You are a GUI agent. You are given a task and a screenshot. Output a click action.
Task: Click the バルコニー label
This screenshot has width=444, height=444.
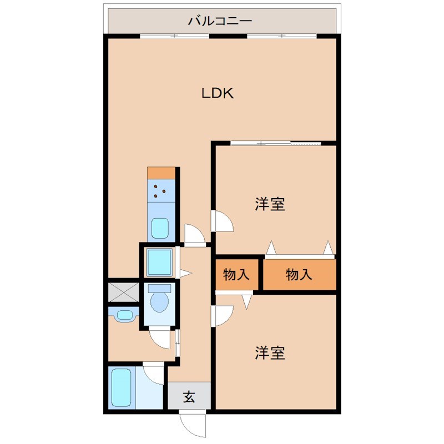(220, 21)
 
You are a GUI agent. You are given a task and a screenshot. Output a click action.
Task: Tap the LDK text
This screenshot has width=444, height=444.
(218, 94)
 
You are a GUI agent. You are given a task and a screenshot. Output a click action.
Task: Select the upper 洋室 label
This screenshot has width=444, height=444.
(270, 204)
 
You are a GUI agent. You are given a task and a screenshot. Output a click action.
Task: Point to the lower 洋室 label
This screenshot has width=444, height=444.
(270, 353)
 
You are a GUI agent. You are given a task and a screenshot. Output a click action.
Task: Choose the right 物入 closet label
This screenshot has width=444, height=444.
(300, 274)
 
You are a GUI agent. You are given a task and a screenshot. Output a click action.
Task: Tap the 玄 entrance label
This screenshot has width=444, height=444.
(189, 397)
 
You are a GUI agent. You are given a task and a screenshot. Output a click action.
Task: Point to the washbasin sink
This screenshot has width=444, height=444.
(124, 315)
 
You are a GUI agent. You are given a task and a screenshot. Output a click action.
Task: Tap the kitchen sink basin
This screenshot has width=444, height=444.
(160, 228)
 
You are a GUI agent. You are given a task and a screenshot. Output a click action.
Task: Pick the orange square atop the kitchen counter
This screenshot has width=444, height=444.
(161, 172)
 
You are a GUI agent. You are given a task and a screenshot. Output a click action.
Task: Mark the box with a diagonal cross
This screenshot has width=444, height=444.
(124, 292)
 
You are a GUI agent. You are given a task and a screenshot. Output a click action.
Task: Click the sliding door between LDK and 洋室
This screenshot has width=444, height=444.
(276, 144)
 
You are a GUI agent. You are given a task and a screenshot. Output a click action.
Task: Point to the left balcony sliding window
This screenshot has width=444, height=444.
(174, 36)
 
